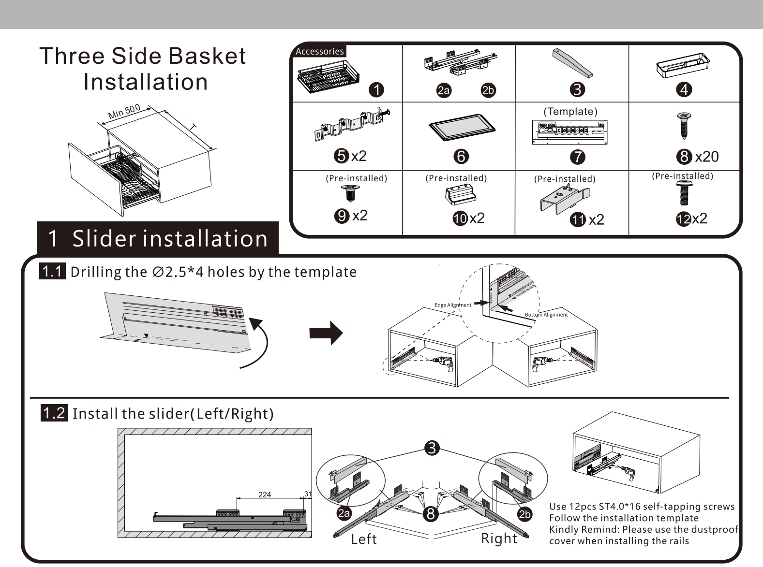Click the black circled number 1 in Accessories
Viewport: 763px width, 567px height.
(x=376, y=90)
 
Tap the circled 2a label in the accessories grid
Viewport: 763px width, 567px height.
(x=443, y=90)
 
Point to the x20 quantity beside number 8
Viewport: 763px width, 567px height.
(x=706, y=157)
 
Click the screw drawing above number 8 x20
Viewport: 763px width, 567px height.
(x=683, y=125)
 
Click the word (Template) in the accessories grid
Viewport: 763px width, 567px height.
(x=570, y=112)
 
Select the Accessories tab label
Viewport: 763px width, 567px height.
(x=319, y=51)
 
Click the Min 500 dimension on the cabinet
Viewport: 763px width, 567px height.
(x=124, y=112)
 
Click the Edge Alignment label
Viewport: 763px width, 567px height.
(x=453, y=305)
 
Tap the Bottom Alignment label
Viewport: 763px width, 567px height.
(x=546, y=315)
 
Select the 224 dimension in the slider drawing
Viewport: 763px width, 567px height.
(x=265, y=494)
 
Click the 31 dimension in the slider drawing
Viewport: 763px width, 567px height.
(x=308, y=494)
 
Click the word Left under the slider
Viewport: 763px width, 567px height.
(x=364, y=539)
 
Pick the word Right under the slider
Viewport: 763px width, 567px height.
(x=499, y=538)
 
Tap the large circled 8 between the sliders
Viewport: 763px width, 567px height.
(x=431, y=513)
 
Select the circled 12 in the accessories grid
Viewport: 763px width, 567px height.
(x=683, y=219)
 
